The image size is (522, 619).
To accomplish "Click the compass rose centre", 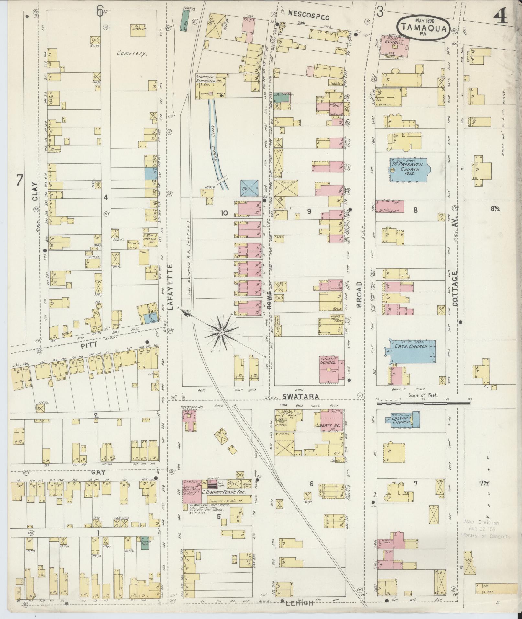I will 222,333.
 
